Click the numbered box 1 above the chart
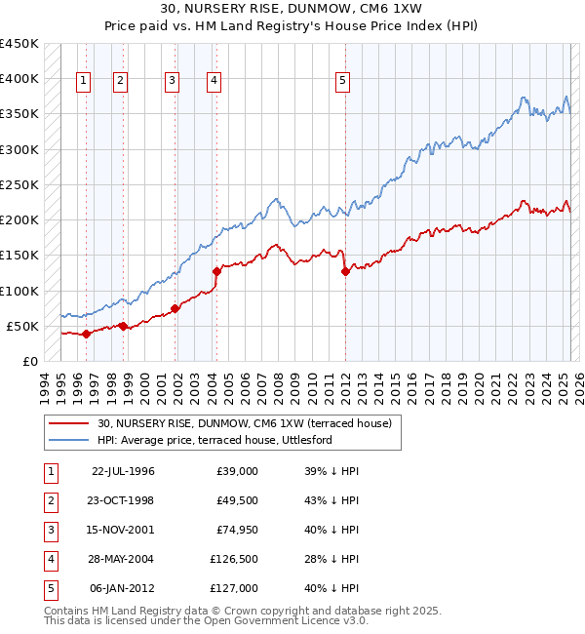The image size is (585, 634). point(85,82)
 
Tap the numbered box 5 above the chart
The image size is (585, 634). point(343,82)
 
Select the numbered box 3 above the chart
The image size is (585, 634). point(172,82)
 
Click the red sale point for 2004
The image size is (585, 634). point(216,271)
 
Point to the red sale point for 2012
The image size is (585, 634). point(345,271)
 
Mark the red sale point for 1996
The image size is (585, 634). point(86,334)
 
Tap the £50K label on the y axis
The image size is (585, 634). point(23,326)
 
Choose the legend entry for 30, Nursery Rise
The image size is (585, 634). point(244,423)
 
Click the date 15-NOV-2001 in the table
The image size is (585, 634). point(123,530)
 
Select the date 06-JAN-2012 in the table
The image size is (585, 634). point(123,588)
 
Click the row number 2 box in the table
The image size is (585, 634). point(50,500)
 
